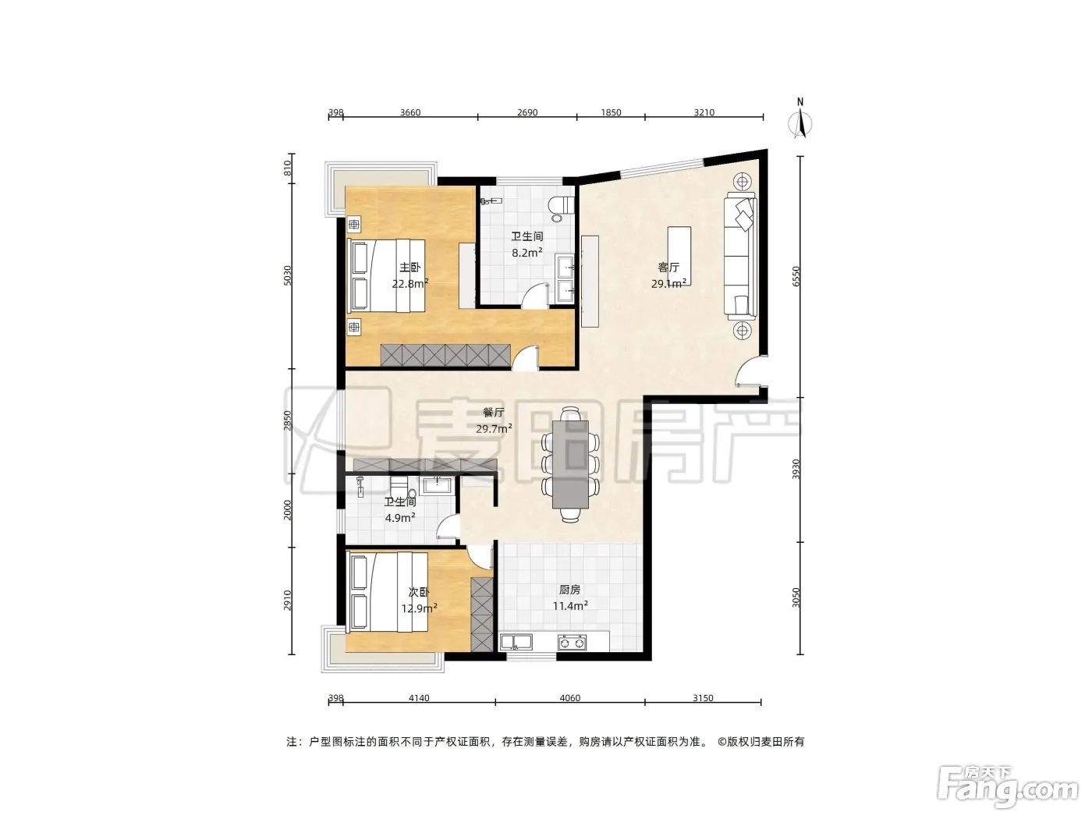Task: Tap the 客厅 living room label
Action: click(668, 267)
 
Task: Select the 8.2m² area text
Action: click(526, 253)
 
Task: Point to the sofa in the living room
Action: click(740, 256)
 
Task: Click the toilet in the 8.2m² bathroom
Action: click(561, 209)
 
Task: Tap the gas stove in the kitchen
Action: click(572, 643)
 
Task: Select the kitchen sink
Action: click(516, 642)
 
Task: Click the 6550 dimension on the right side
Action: click(796, 276)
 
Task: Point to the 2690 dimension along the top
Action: click(526, 112)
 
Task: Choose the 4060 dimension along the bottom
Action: click(569, 698)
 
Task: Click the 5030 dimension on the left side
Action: click(288, 275)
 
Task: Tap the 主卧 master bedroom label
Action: click(410, 268)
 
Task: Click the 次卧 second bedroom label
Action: click(419, 592)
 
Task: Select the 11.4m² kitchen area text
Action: click(570, 606)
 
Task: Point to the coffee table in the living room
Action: click(679, 256)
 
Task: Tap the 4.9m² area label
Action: click(400, 518)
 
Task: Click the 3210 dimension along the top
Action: click(704, 112)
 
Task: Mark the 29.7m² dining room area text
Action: click(494, 429)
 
